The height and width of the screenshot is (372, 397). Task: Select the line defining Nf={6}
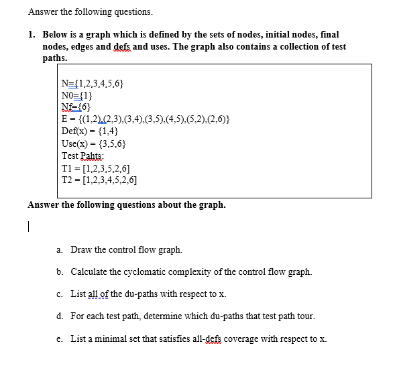[76, 107]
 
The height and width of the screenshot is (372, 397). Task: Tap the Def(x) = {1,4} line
[90, 131]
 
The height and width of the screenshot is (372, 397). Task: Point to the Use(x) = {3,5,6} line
[94, 143]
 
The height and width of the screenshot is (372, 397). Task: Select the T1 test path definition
[95, 168]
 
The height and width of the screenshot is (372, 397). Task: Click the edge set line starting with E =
[146, 119]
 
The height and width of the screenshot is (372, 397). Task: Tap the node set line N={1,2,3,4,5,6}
[92, 82]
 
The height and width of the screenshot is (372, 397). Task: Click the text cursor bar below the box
[30, 227]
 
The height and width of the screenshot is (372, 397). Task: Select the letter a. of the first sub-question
[60, 250]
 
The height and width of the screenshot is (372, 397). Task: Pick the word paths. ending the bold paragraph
[55, 58]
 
